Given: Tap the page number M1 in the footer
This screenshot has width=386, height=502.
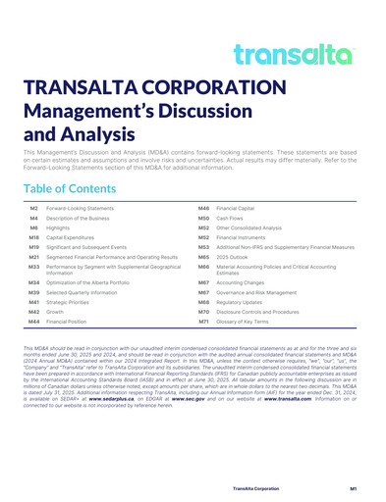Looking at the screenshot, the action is pos(351,486).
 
